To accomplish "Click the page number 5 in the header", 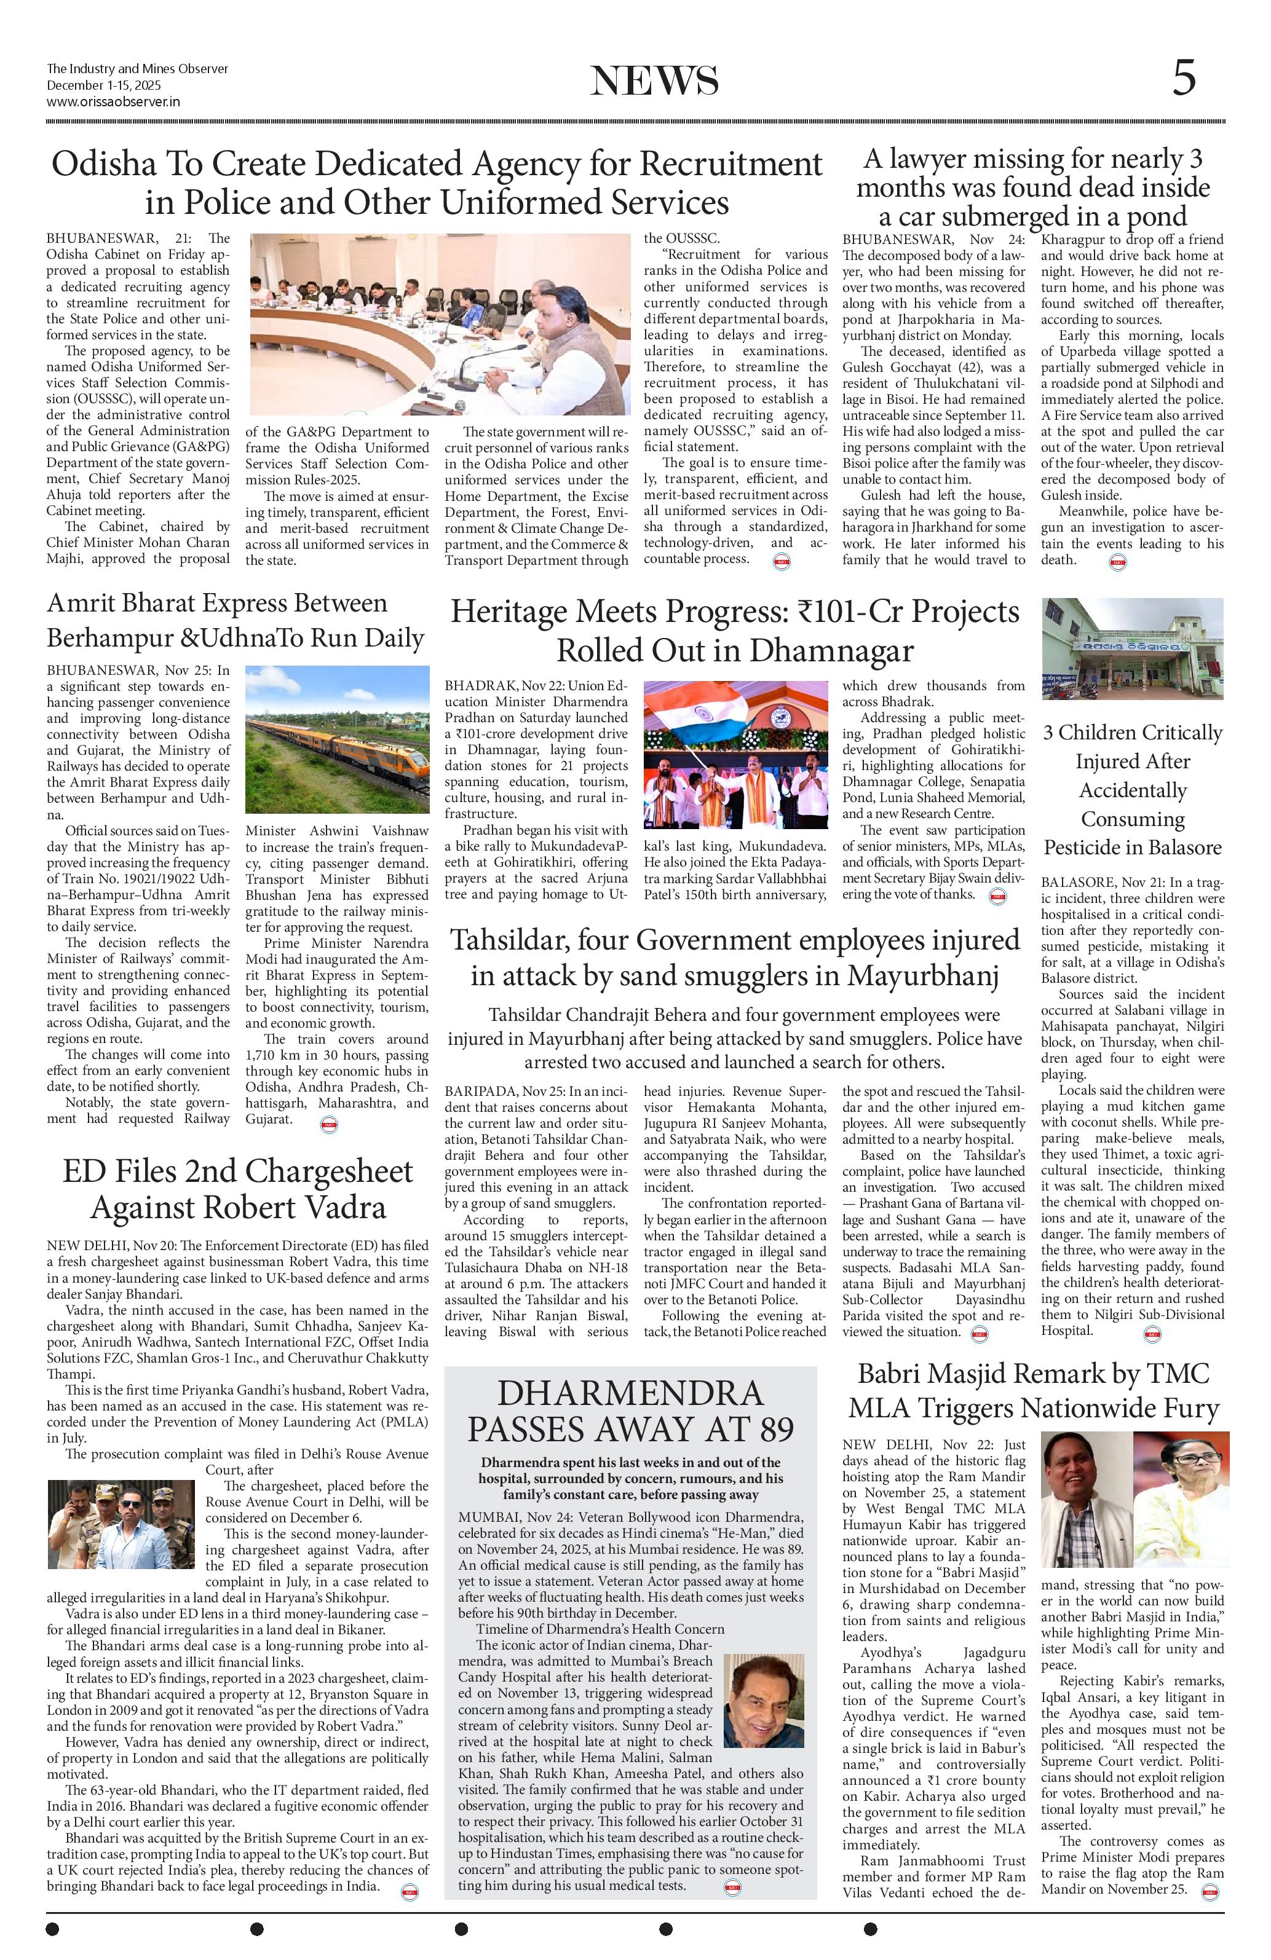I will click(x=1184, y=80).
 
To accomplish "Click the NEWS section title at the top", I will click(x=654, y=82).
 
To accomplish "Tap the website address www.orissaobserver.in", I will click(x=114, y=102).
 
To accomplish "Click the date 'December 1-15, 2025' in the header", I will click(x=104, y=85).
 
